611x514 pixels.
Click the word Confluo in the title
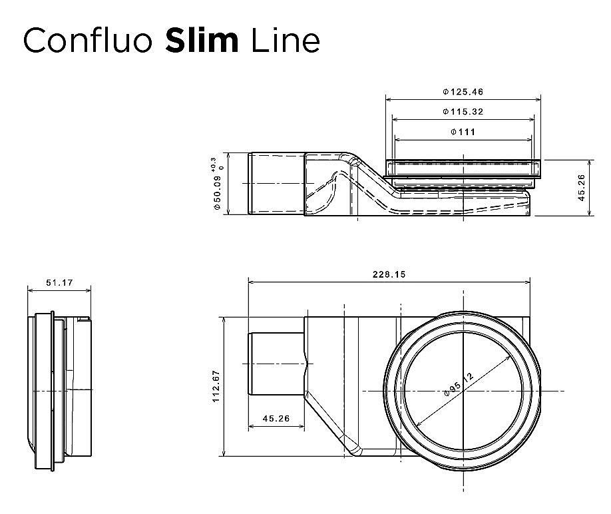pyautogui.click(x=88, y=41)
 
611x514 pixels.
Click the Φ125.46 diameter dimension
pyautogui.click(x=463, y=91)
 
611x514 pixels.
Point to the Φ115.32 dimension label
pyautogui.click(x=463, y=112)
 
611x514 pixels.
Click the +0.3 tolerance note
pyautogui.click(x=213, y=164)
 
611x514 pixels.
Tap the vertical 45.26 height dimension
pyautogui.click(x=581, y=188)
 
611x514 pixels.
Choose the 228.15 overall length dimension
pyautogui.click(x=389, y=274)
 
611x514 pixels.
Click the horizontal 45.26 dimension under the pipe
pyautogui.click(x=276, y=419)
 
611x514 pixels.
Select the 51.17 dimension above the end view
pyautogui.click(x=59, y=283)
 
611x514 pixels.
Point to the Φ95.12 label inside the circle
pyautogui.click(x=459, y=386)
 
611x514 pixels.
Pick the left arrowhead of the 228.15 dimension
pyautogui.click(x=250, y=280)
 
